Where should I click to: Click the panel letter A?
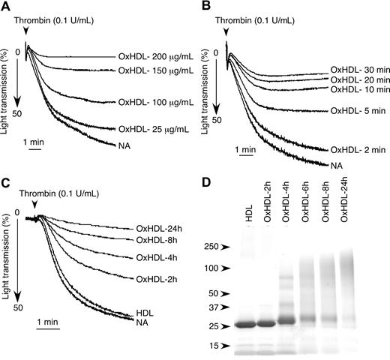(6, 7)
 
